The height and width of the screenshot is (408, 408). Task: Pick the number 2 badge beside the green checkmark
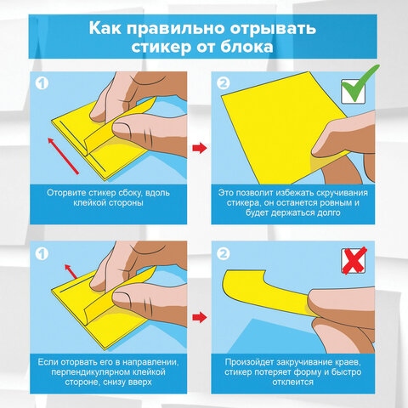224,84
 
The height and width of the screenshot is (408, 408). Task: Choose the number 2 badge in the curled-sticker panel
224,252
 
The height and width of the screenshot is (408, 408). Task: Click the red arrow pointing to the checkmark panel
197,150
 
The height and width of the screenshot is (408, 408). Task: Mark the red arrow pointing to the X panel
197,317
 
